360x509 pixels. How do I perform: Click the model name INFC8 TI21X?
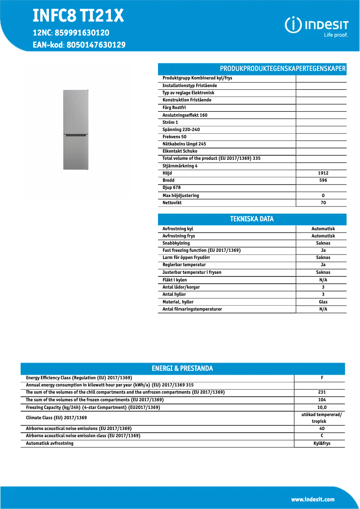[78, 17]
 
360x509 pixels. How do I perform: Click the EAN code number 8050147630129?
[96, 45]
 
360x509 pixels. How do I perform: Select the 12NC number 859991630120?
[83, 33]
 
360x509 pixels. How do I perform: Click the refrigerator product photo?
[76, 130]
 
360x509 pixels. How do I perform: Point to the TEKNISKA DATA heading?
[252, 219]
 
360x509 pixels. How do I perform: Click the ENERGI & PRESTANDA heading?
[182, 369]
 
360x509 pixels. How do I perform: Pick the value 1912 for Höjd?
[323, 173]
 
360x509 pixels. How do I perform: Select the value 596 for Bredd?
[323, 180]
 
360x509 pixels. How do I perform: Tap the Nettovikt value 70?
[323, 203]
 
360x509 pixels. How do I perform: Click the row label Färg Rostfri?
[174, 108]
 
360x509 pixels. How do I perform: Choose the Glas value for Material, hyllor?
[323, 302]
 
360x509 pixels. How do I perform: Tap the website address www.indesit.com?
[312, 500]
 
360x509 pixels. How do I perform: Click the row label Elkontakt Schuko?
[180, 151]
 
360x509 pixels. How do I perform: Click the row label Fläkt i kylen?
[175, 280]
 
